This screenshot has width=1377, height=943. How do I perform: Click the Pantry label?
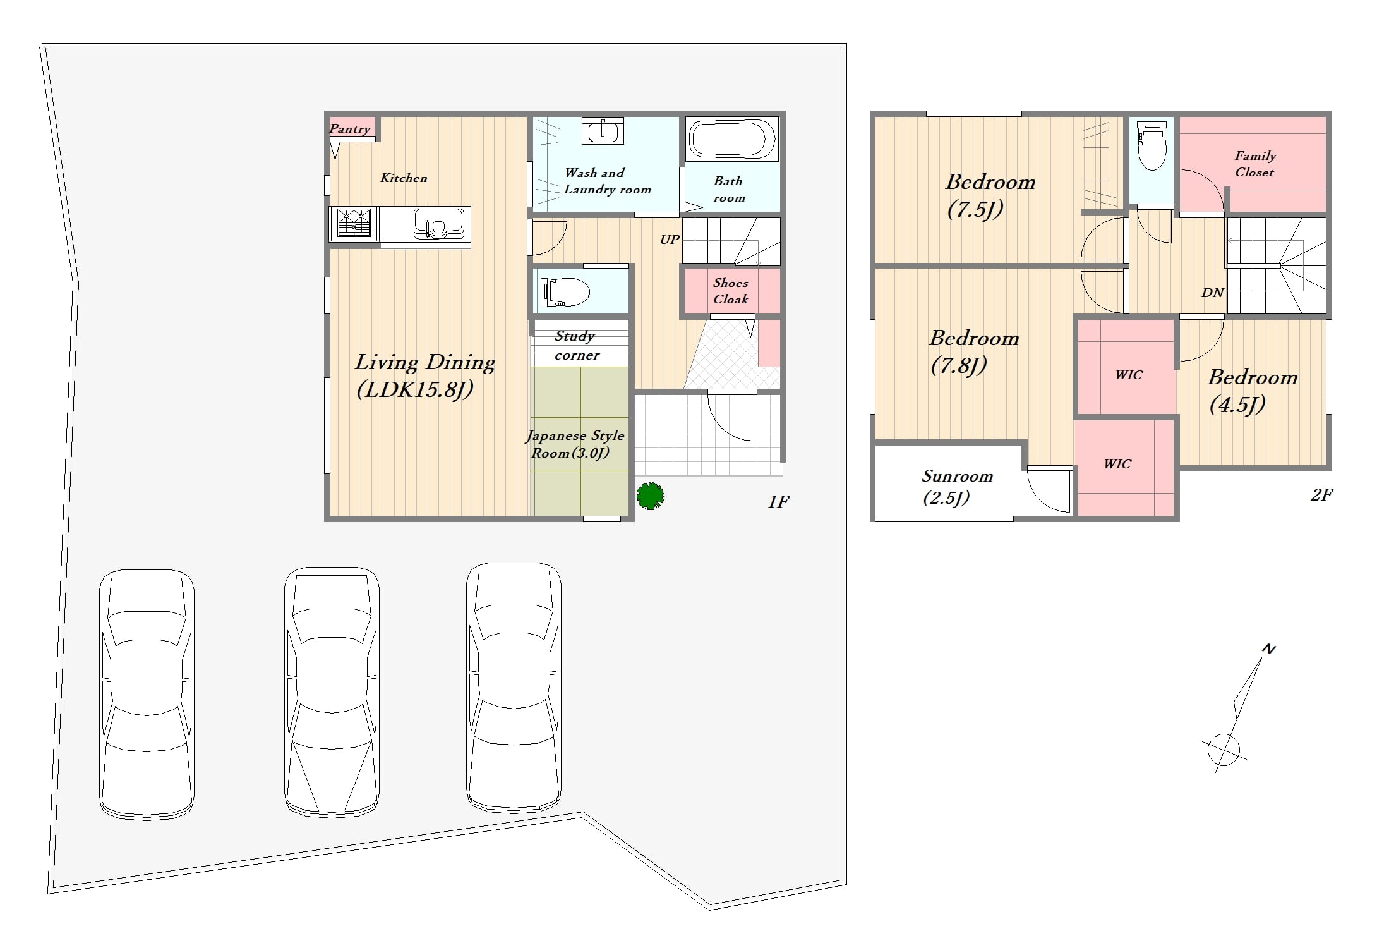(350, 129)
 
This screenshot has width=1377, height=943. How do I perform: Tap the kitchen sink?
(439, 224)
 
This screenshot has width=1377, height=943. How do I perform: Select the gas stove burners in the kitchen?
(354, 223)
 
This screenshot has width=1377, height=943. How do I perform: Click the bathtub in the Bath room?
(731, 139)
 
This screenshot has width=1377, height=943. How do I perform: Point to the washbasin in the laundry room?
(603, 131)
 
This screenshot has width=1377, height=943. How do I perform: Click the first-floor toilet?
(565, 292)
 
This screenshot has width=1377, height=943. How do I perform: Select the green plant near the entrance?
(650, 496)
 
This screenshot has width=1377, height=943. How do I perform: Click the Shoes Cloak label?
(731, 291)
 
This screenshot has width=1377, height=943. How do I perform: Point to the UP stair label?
(670, 240)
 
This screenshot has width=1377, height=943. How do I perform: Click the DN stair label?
(1213, 293)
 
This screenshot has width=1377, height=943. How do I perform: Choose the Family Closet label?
(1255, 164)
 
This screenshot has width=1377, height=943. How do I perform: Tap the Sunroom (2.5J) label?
(957, 487)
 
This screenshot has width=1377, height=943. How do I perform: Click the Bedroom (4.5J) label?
(1253, 391)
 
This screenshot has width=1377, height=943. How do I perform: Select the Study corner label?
(577, 345)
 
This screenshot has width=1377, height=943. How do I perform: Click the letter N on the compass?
(1268, 648)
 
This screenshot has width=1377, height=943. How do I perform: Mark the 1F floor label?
(778, 501)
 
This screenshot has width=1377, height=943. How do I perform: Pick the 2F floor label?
(1321, 494)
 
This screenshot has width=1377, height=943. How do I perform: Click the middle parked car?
(332, 691)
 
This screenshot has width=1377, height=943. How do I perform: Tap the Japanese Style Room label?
(575, 444)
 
